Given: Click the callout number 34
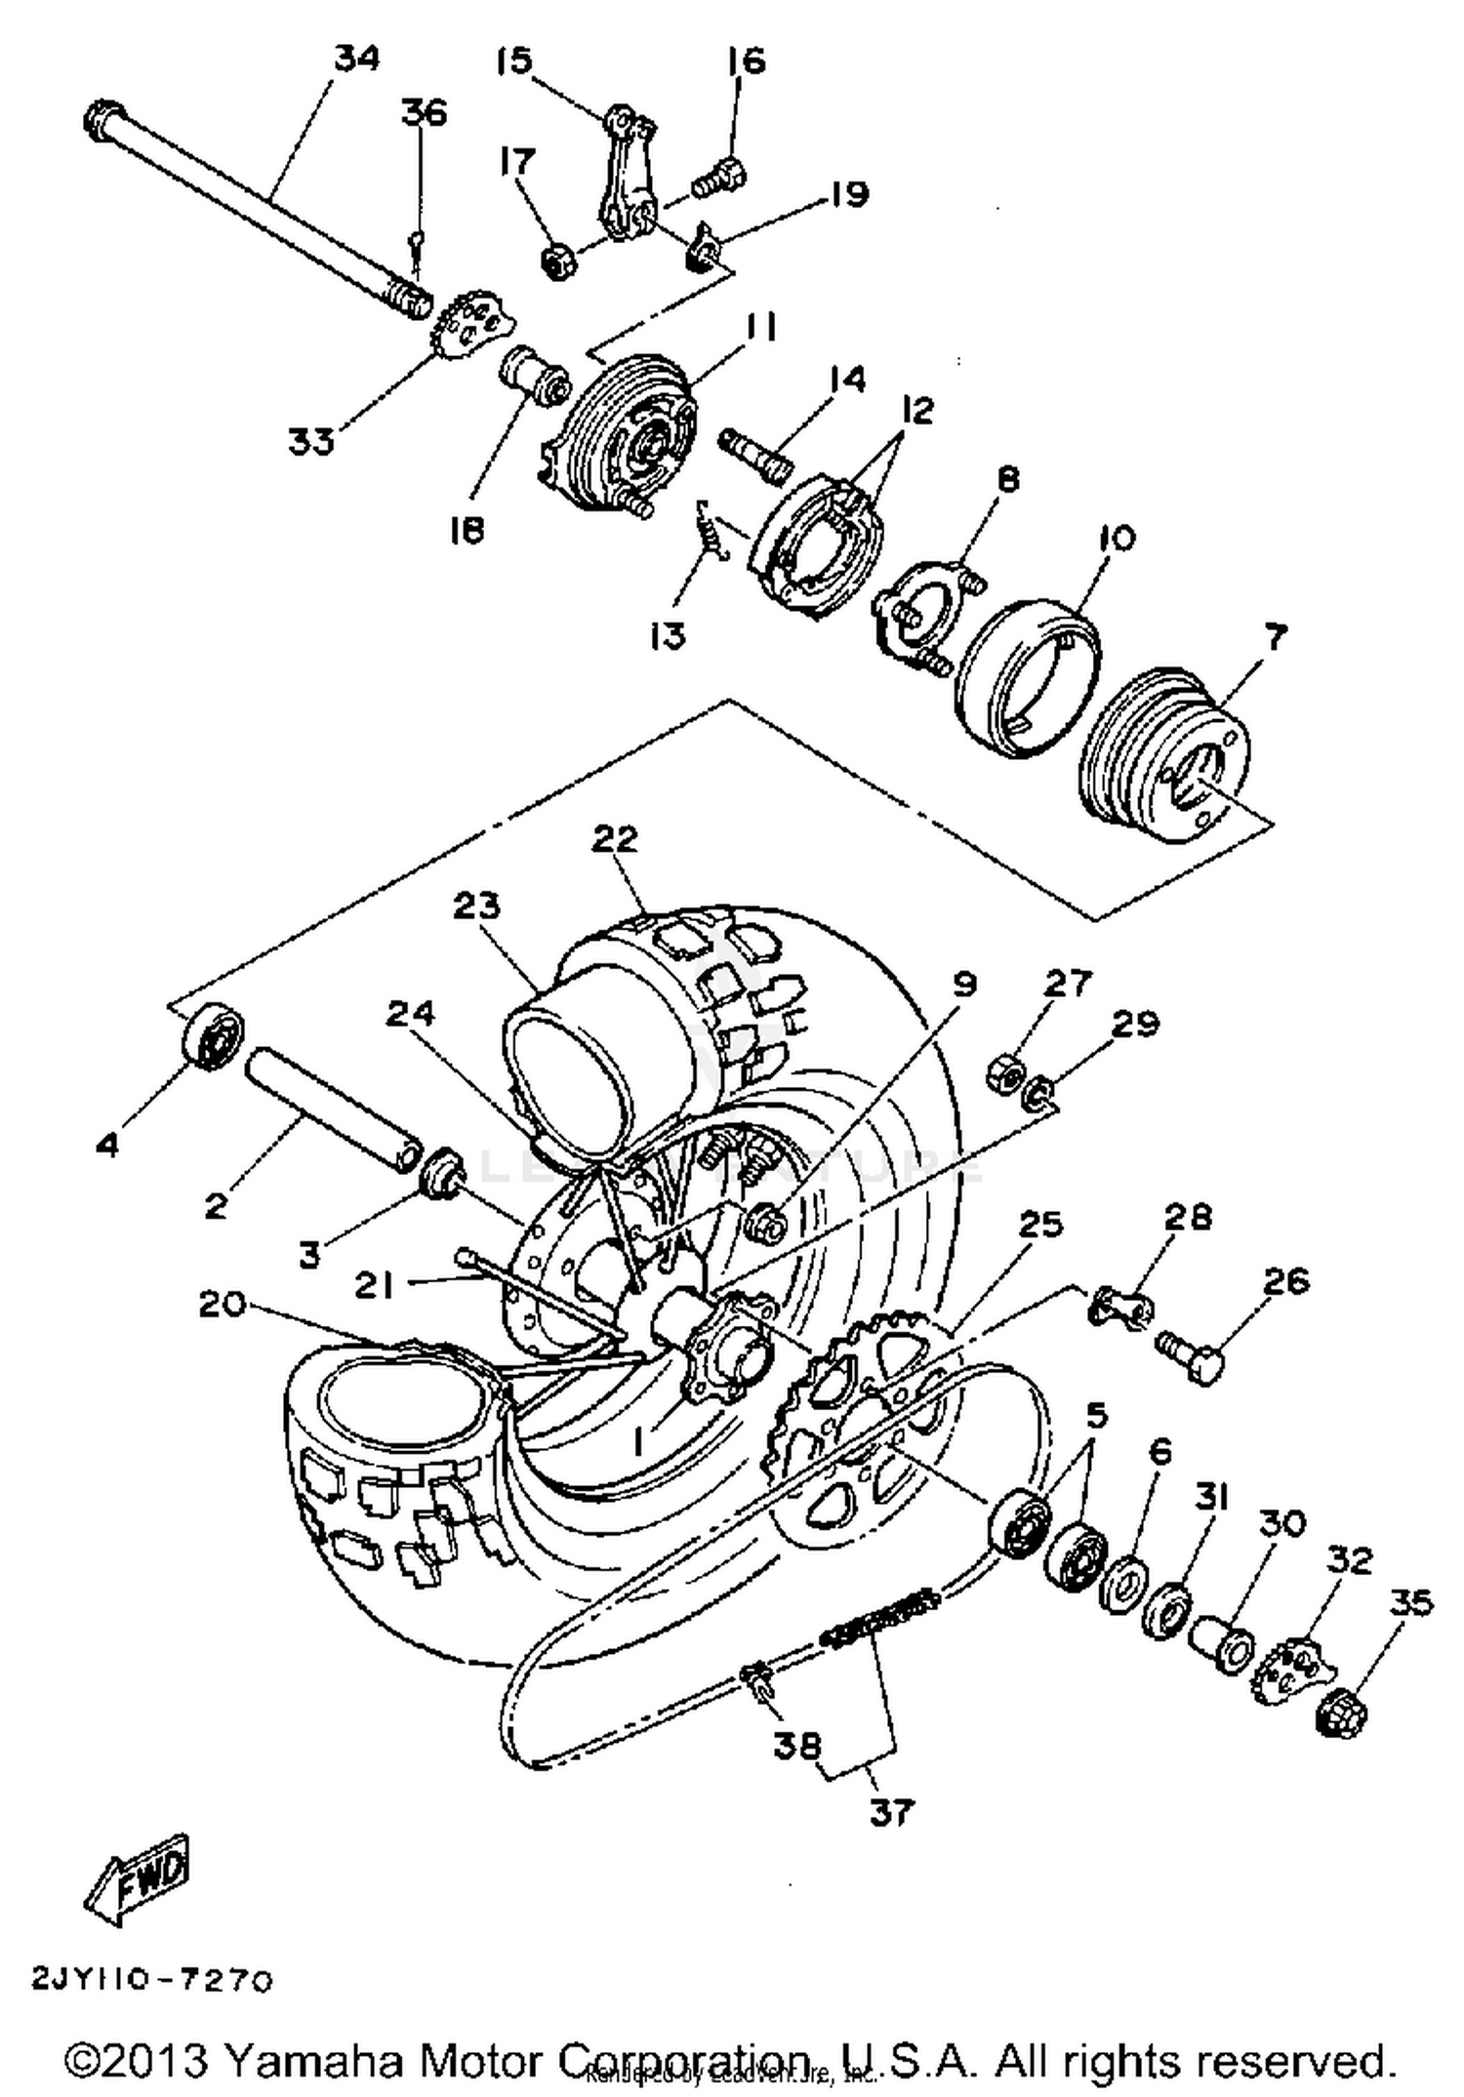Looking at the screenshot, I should point(356,60).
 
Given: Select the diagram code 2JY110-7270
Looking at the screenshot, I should point(152,1980).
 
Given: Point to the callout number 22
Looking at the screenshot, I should point(615,838).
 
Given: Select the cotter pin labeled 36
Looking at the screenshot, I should point(417,245).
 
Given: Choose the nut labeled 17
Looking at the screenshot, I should point(556,262).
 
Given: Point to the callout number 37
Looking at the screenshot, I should point(890,1813).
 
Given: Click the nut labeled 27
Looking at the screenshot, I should point(1005,1072).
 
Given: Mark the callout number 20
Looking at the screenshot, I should point(222,1304).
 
